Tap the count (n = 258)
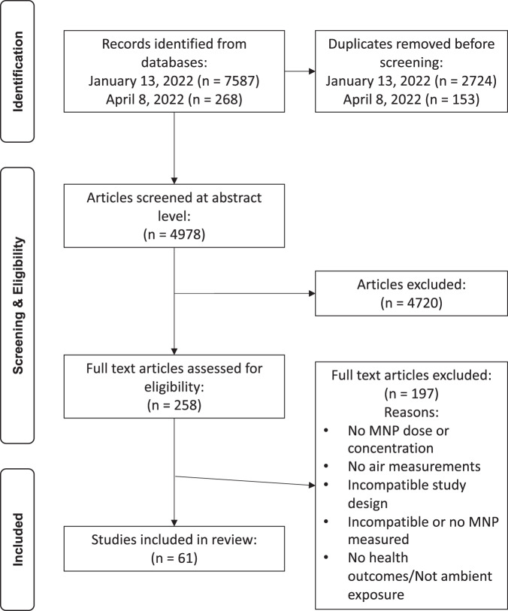click(x=174, y=404)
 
